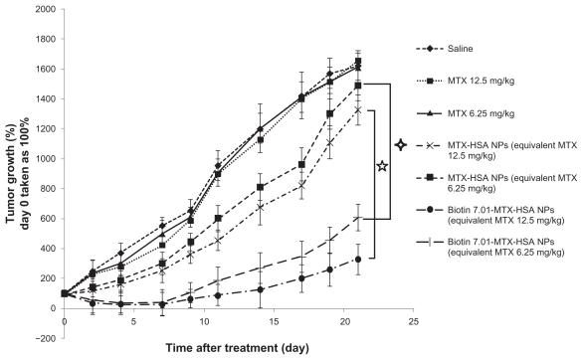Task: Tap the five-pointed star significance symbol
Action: (381, 165)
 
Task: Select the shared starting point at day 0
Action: (64, 292)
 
